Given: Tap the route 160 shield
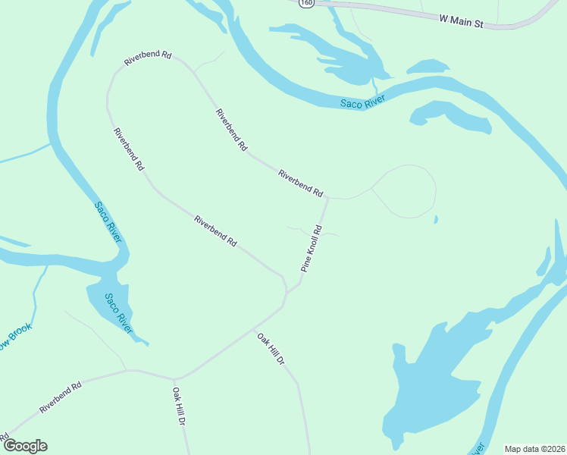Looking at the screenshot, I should (305, 4).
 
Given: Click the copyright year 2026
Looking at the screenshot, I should (552, 448).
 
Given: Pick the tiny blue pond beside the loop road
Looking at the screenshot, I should (436, 220).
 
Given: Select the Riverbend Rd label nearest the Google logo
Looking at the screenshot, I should (60, 397).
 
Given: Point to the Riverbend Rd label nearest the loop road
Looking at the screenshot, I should (301, 183).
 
